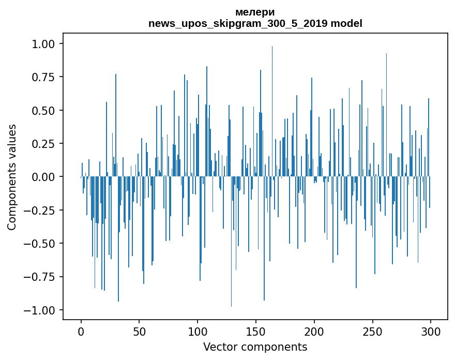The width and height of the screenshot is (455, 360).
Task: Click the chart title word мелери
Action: pyautogui.click(x=255, y=12)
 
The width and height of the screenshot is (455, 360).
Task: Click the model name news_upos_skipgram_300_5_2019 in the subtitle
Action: pyautogui.click(x=238, y=24)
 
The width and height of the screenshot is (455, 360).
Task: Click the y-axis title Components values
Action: pyautogui.click(x=12, y=177)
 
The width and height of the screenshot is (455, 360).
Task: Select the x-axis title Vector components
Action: pyautogui.click(x=255, y=347)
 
